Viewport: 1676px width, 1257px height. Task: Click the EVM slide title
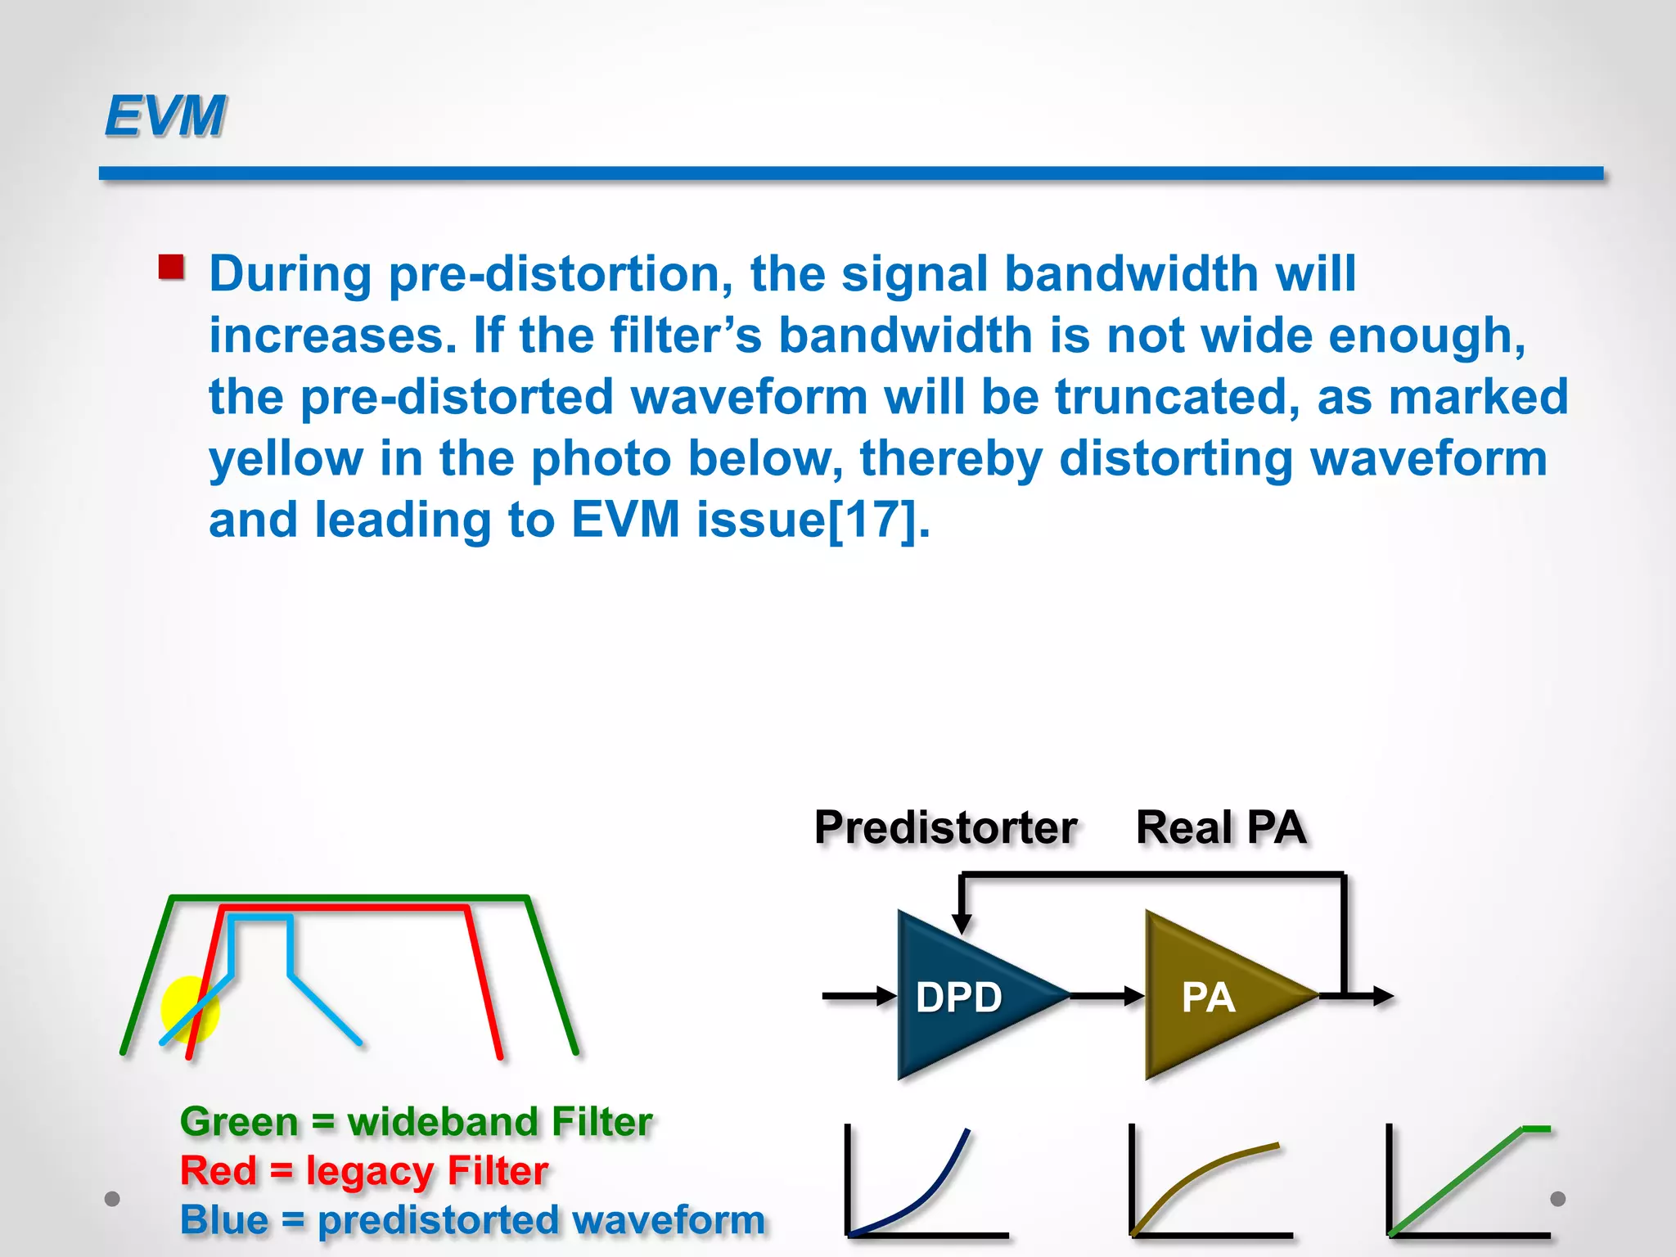click(x=164, y=115)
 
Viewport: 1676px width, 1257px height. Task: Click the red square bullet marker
click(x=171, y=268)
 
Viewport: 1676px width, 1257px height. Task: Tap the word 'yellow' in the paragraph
click(x=286, y=458)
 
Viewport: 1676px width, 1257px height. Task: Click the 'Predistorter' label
click(x=945, y=827)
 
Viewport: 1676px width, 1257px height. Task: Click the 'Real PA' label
click(x=1220, y=827)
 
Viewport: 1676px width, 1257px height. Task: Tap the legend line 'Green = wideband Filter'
click(x=416, y=1121)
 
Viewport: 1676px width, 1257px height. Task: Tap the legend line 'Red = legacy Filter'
click(x=363, y=1170)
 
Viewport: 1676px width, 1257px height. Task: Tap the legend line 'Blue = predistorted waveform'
click(x=472, y=1219)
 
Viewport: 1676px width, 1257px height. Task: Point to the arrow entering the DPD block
click(x=859, y=996)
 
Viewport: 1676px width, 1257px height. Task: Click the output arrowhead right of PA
click(x=1382, y=996)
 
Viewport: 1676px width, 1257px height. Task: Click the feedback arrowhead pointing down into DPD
click(x=962, y=923)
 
